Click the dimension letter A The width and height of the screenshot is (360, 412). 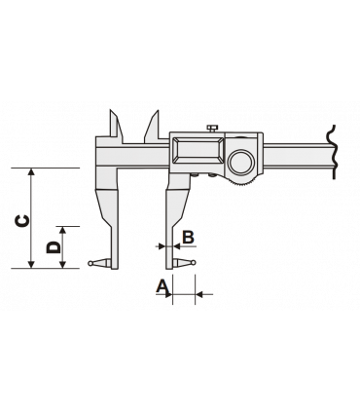162,286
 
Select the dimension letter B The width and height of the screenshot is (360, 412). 189,238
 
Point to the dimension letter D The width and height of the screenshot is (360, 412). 54,249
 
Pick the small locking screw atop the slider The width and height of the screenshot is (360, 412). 209,128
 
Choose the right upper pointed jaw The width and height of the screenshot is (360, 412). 155,126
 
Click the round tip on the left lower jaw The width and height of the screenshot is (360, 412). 90,263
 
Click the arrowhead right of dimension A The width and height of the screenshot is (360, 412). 197,291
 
